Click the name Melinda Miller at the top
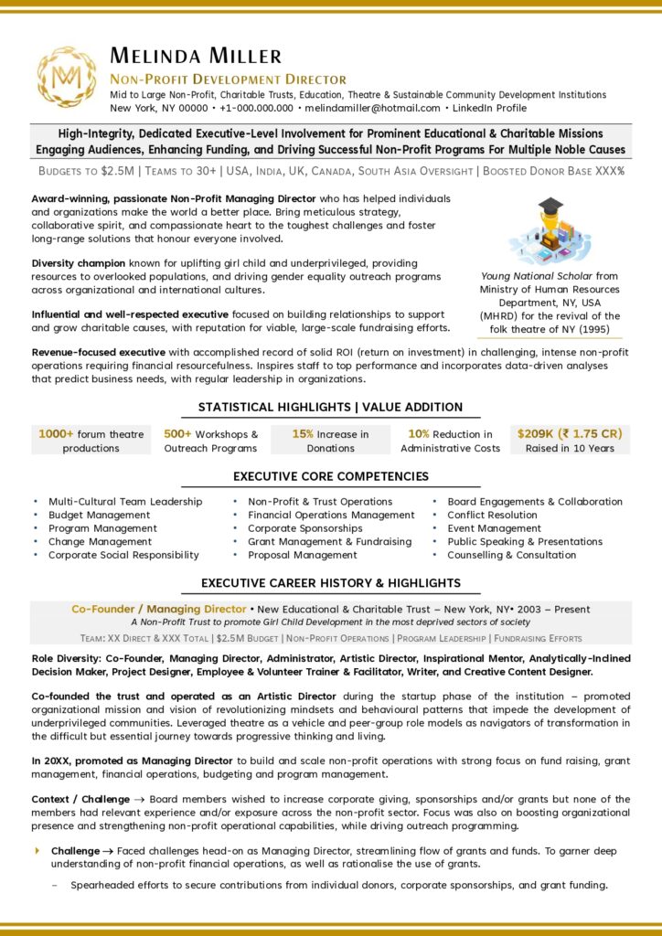[x=196, y=56]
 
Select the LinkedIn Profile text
[x=488, y=108]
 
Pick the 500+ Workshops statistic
[x=211, y=441]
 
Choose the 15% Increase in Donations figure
[x=331, y=441]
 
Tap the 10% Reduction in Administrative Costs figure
[x=451, y=441]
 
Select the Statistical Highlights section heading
[x=330, y=407]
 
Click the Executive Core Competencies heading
[x=330, y=476]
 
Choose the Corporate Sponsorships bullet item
[x=304, y=528]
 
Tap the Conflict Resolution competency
[x=492, y=515]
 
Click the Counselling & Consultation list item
[x=511, y=555]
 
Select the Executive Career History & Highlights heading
[x=330, y=582]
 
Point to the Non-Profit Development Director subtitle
[x=228, y=80]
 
